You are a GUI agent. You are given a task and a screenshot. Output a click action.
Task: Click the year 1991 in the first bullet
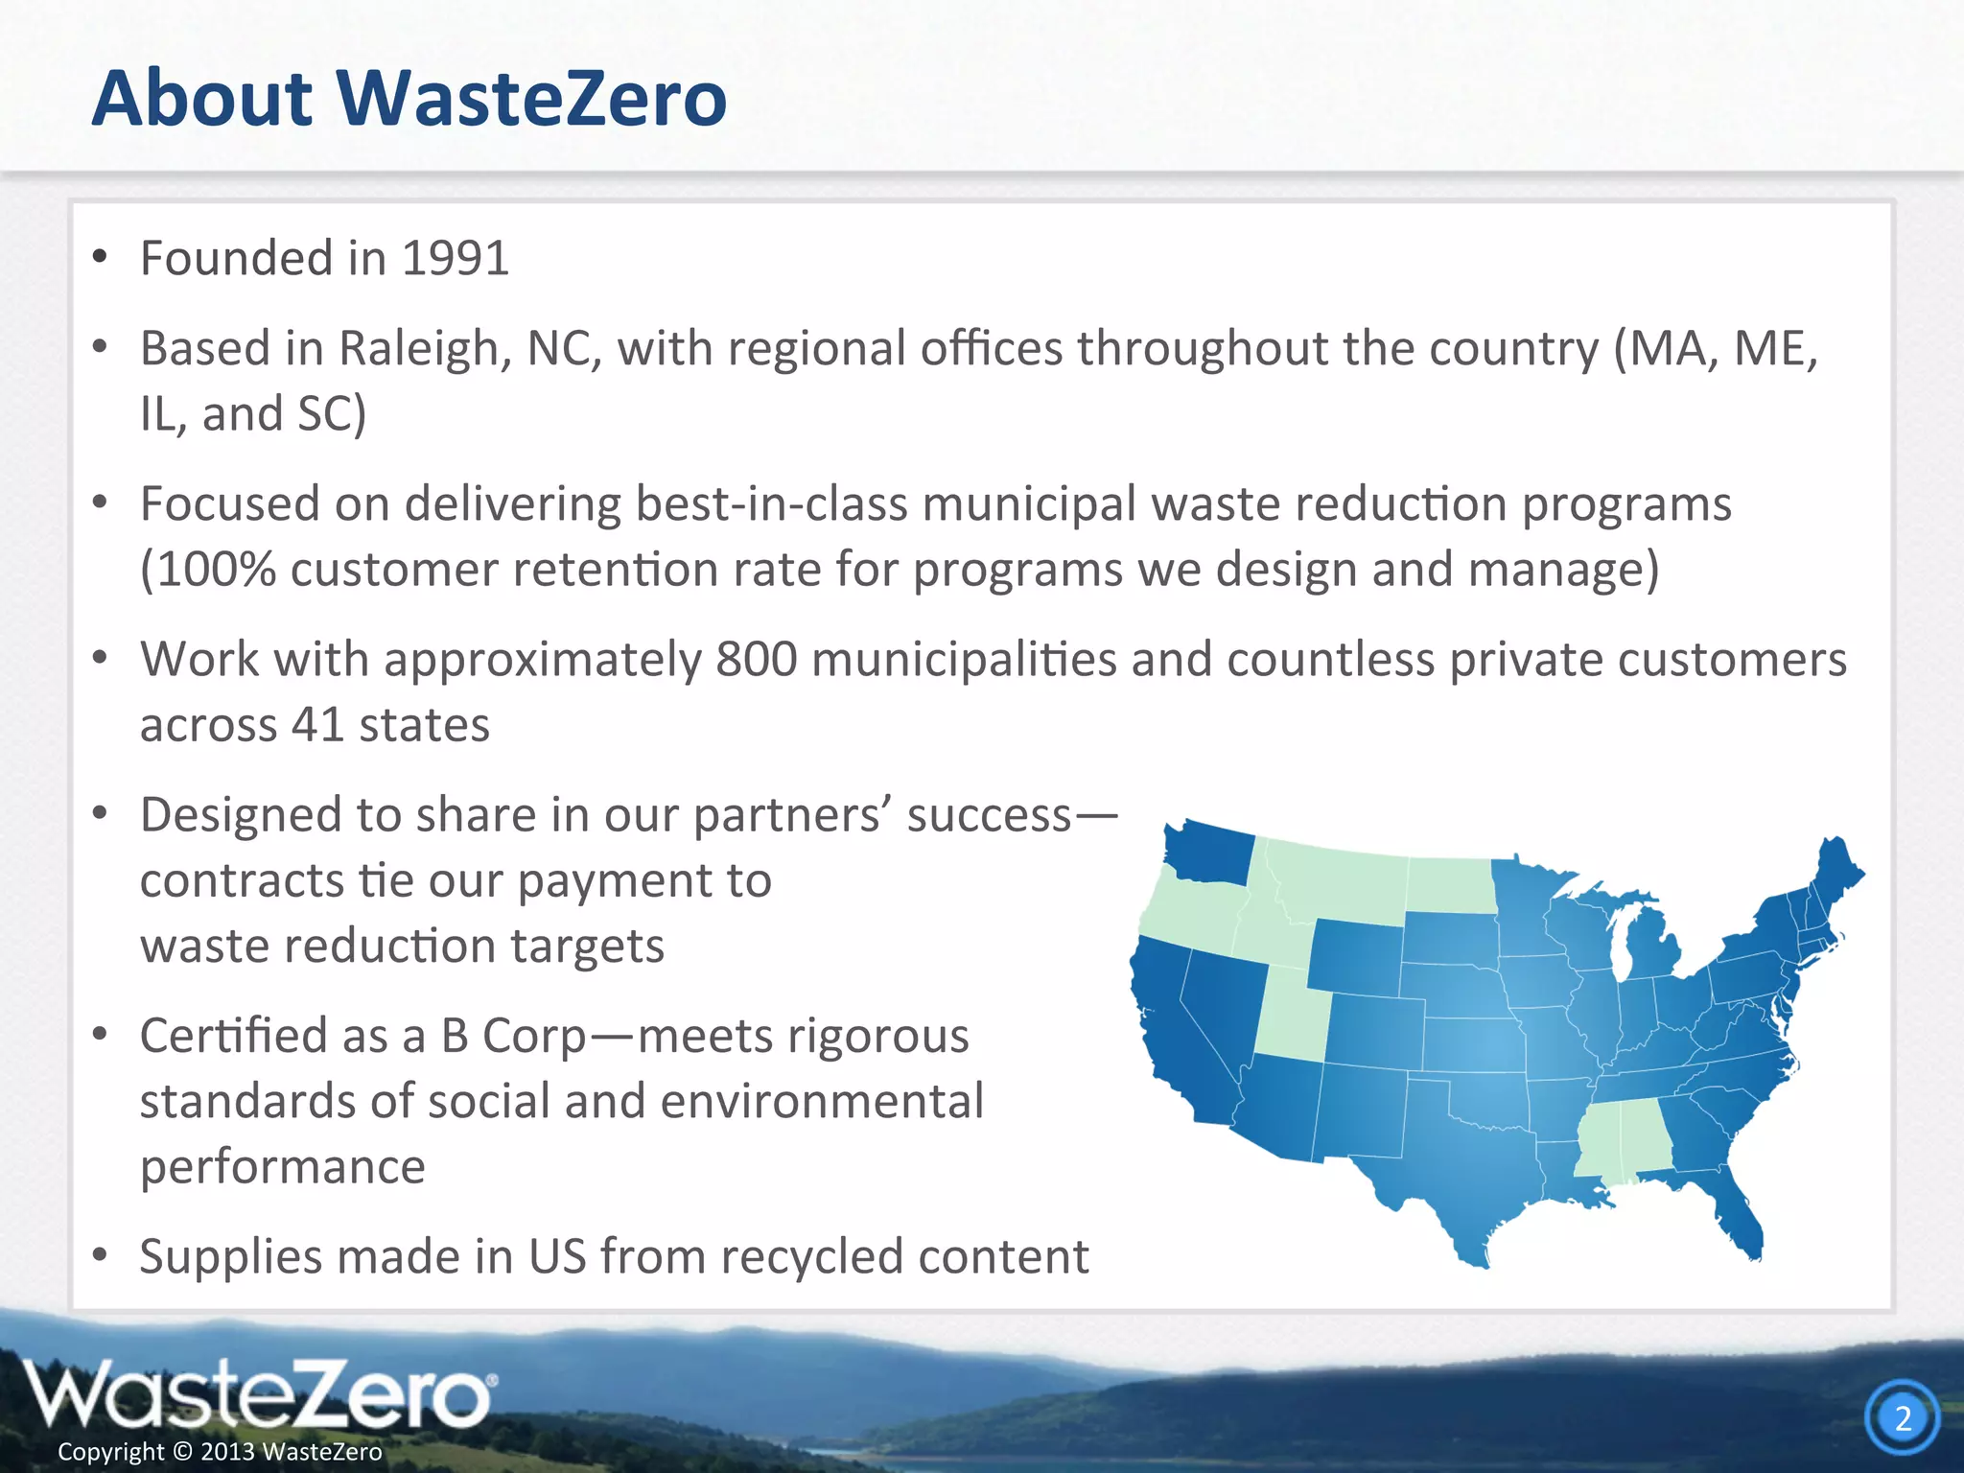click(455, 258)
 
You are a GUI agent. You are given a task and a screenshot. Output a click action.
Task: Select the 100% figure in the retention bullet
click(216, 570)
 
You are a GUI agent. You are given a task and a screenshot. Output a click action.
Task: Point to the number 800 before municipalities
click(756, 660)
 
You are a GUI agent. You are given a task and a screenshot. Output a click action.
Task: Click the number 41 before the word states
click(317, 725)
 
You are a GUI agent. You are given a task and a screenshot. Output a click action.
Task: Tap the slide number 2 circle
click(1903, 1417)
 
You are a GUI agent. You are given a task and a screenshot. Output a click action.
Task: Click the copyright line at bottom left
click(220, 1452)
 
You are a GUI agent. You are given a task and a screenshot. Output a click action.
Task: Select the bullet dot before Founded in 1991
click(100, 258)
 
